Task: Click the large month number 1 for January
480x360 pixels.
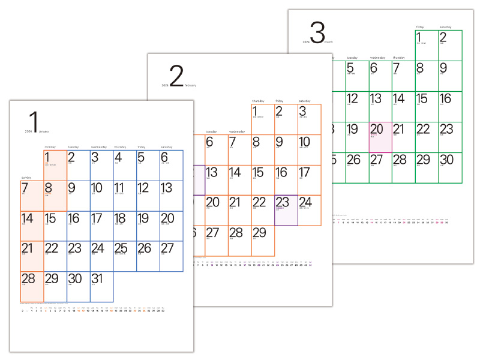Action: coord(35,121)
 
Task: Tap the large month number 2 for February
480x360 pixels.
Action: coord(176,77)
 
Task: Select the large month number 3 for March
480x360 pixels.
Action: coord(317,32)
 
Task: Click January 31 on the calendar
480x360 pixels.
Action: coord(97,278)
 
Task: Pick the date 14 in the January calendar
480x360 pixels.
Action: coord(27,218)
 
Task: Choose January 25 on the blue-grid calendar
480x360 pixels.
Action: coord(121,248)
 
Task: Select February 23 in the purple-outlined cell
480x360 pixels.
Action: coord(283,202)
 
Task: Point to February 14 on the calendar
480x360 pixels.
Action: coord(235,172)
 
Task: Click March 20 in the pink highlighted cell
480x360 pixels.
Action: coord(377,129)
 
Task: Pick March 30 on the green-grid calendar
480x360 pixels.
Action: coord(446,160)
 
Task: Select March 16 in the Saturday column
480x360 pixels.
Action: coord(445,98)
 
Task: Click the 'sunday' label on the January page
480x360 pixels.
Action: coord(26,178)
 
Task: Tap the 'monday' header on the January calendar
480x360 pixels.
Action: coord(50,147)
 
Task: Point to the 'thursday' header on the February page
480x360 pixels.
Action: coord(258,101)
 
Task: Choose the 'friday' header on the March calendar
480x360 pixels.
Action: coord(420,27)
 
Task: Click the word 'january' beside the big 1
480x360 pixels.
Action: coord(44,131)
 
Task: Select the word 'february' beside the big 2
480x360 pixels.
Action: coord(190,86)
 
